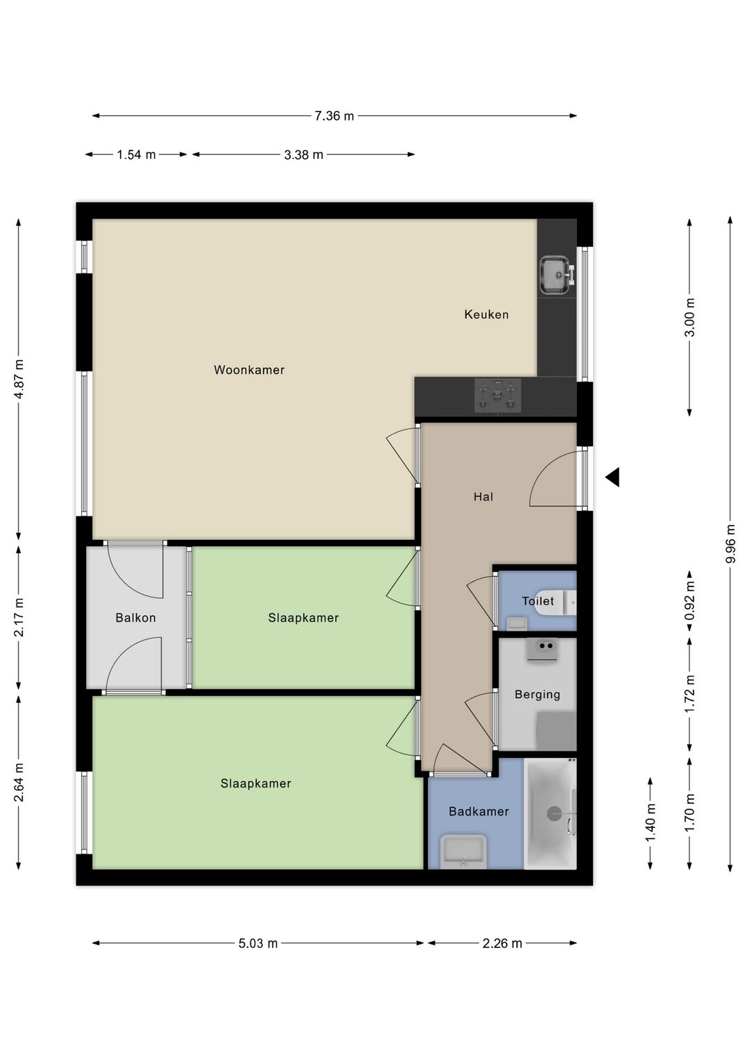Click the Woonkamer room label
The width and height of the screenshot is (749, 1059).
point(249,370)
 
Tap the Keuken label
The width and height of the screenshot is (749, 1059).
point(486,314)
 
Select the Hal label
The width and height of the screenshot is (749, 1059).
point(483,496)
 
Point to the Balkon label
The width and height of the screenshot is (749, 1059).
point(136,618)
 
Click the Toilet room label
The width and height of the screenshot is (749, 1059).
point(537,601)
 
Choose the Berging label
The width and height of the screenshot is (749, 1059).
point(537,695)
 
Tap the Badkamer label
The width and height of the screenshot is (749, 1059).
point(479,811)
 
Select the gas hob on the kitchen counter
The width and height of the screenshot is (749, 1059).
point(498,396)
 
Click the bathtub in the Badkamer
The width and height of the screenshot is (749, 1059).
point(550,813)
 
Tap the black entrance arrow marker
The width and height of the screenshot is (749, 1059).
point(613,477)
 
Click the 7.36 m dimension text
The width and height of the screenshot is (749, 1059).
point(334,116)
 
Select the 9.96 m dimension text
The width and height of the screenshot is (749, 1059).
point(731,543)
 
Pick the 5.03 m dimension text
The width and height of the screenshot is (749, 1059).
point(258,943)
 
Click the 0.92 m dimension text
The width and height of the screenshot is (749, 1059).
point(690,600)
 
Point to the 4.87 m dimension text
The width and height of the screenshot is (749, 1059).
point(19,379)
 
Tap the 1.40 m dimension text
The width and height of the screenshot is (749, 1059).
point(651,823)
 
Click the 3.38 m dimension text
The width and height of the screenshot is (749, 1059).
point(303,155)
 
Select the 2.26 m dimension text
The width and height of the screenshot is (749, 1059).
point(502,943)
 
